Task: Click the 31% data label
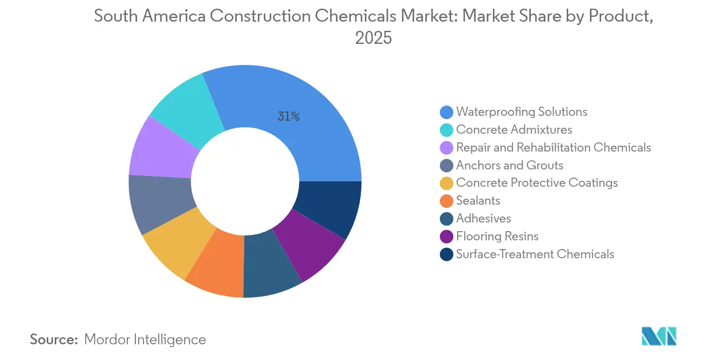pyautogui.click(x=289, y=116)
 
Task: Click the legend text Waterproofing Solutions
pyautogui.click(x=522, y=112)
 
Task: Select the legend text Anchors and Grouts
pyautogui.click(x=510, y=165)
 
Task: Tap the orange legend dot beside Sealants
pyautogui.click(x=447, y=201)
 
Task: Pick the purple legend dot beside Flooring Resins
pyautogui.click(x=447, y=237)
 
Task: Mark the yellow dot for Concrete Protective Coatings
pyautogui.click(x=447, y=183)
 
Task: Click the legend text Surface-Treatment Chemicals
pyautogui.click(x=535, y=254)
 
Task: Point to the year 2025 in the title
pyautogui.click(x=373, y=38)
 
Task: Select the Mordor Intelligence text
pyautogui.click(x=145, y=339)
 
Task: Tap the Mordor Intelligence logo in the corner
pyautogui.click(x=659, y=336)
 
